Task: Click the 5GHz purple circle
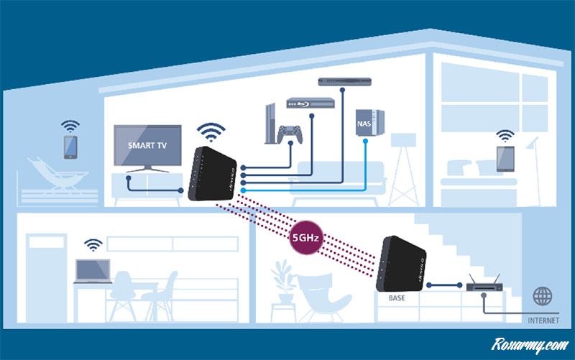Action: click(305, 238)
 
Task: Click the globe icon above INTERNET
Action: click(543, 295)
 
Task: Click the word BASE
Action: click(397, 296)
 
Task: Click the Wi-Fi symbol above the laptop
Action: click(93, 244)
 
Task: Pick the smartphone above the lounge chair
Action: click(70, 146)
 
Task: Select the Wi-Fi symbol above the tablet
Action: click(506, 135)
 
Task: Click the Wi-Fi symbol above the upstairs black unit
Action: click(212, 131)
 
